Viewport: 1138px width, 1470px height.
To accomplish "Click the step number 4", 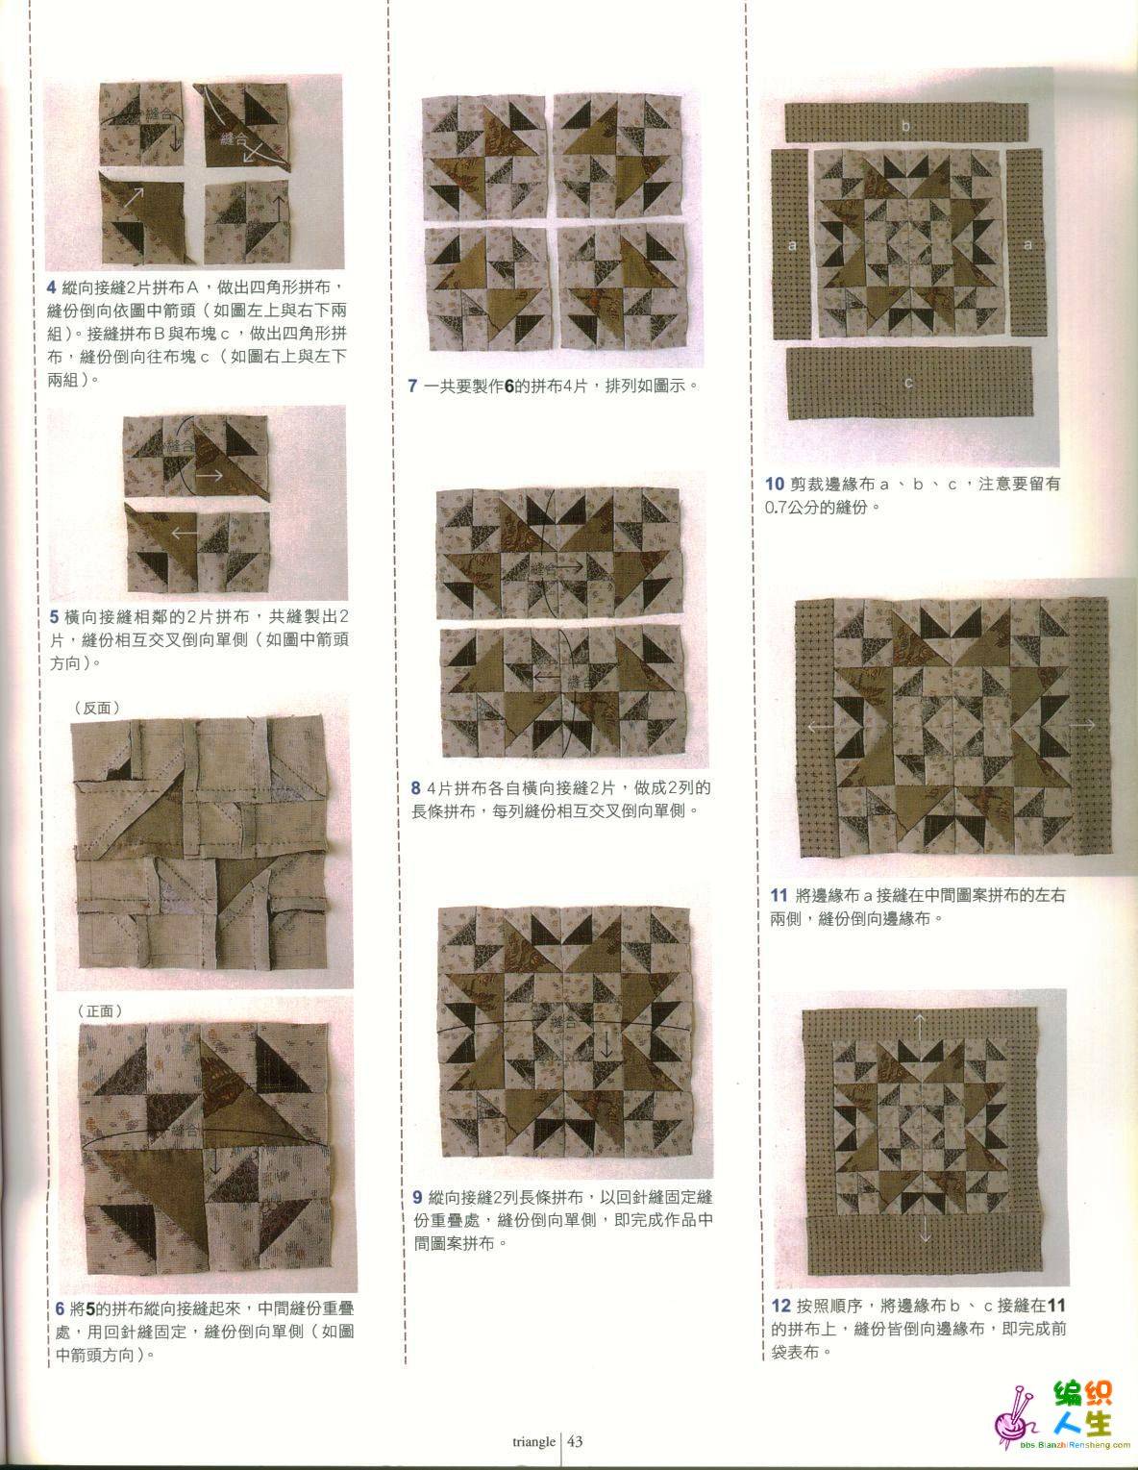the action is [x=51, y=287].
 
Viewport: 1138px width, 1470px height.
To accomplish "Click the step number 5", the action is [x=54, y=616].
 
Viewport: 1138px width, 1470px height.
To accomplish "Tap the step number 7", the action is [x=412, y=386].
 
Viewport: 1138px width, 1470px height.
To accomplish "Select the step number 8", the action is [x=416, y=787].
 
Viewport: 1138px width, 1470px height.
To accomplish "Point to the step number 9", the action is [x=417, y=1197].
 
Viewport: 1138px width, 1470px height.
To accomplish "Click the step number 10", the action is [x=775, y=484].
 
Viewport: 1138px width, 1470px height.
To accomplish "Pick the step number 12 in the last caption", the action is [x=781, y=1306].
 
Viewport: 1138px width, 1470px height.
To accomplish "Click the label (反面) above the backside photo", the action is [x=98, y=708].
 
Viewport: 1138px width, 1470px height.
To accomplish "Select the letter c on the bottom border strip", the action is [x=908, y=383].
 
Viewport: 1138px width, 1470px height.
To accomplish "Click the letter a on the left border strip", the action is [x=792, y=245].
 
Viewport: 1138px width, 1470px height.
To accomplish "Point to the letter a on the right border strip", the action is [x=1027, y=244].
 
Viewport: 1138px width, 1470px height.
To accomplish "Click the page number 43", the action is [x=575, y=1441].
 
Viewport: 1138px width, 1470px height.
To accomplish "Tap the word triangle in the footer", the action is [x=533, y=1441].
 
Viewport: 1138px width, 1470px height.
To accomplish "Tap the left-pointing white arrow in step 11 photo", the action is [x=821, y=727].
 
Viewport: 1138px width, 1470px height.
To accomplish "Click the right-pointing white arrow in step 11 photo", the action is [x=1082, y=725].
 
